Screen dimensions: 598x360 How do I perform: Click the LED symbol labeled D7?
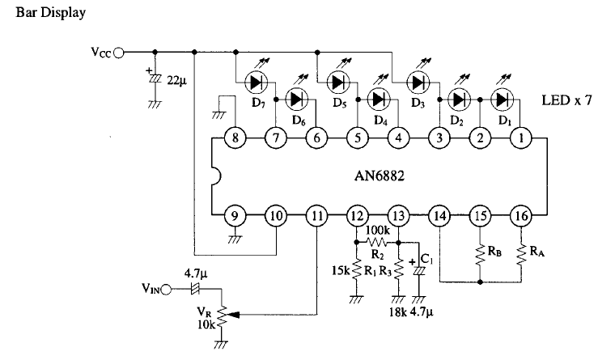(257, 82)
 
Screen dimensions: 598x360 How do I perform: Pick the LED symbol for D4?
(379, 100)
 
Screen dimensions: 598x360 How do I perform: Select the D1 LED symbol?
(503, 100)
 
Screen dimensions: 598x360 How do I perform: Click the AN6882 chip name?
(379, 176)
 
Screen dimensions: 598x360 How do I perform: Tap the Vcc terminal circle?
(119, 53)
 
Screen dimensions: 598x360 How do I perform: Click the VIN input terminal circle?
(166, 290)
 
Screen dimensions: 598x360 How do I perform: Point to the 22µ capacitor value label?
(177, 81)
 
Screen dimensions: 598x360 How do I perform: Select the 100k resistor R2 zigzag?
(377, 242)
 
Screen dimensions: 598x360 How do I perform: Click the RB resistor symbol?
(480, 255)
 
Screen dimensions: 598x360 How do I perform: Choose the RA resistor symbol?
(521, 255)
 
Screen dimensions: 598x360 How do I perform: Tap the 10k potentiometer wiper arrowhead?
(233, 315)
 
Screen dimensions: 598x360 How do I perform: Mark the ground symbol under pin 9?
(235, 239)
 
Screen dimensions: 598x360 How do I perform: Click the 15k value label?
(341, 271)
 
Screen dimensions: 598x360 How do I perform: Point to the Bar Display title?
(51, 13)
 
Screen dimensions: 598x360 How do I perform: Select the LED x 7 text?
(566, 100)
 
